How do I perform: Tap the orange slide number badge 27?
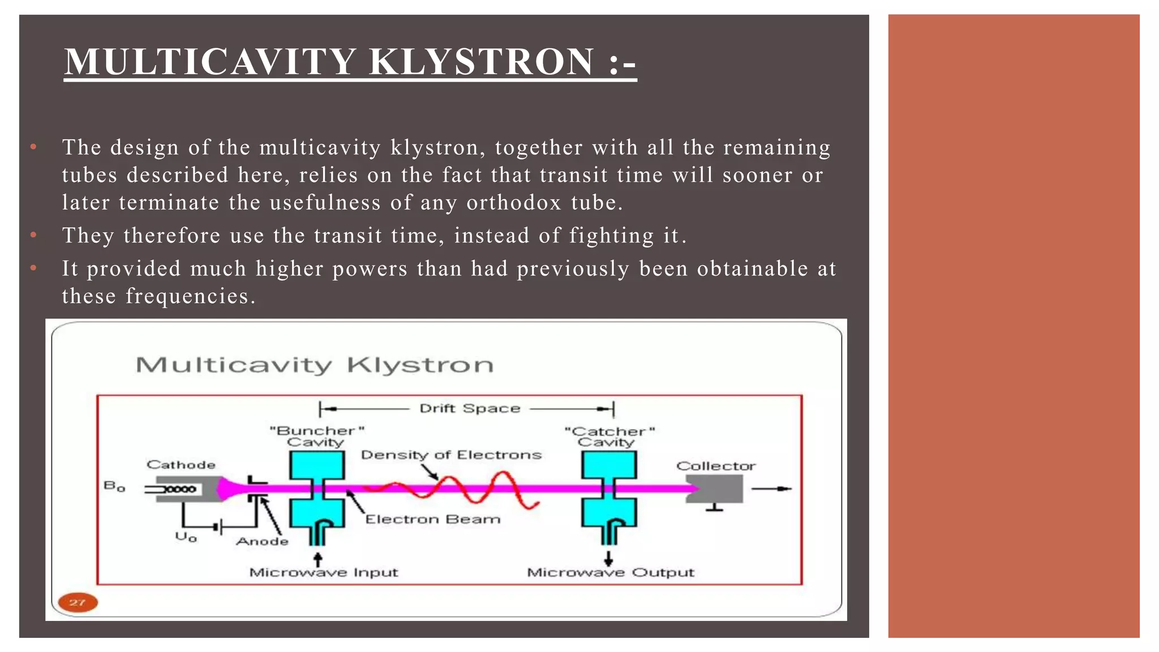click(78, 602)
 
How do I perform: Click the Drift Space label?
click(469, 408)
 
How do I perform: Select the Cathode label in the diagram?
click(181, 465)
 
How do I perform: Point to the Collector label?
click(716, 466)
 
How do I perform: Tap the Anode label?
click(262, 541)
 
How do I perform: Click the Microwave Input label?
click(324, 572)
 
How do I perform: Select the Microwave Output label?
click(610, 572)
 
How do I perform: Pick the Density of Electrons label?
click(451, 454)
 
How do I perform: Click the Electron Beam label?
click(433, 519)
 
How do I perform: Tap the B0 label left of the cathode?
click(114, 486)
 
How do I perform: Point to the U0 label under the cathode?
click(186, 536)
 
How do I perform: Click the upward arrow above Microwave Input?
click(317, 559)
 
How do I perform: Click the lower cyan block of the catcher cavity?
click(609, 512)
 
